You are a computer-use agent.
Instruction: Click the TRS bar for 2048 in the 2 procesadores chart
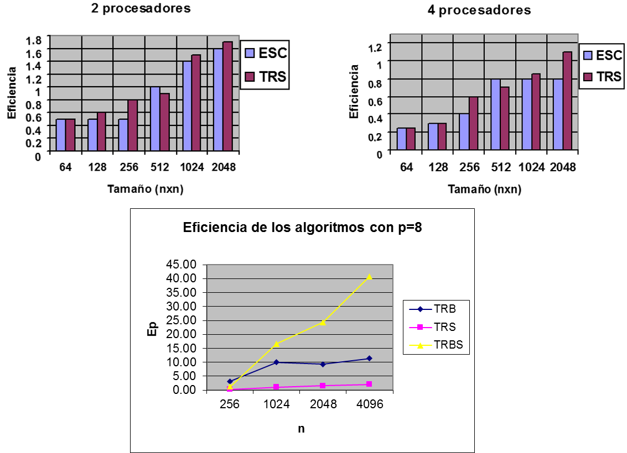227,96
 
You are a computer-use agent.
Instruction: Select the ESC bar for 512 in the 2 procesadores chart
155,119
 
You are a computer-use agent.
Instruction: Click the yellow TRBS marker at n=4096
369,277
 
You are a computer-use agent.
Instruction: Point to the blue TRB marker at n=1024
276,362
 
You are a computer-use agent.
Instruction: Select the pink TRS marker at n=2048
323,386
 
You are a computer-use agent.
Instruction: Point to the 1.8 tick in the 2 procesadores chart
34,40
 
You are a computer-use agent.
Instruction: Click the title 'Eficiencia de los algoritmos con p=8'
303,228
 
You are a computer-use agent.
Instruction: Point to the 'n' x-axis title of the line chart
301,429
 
